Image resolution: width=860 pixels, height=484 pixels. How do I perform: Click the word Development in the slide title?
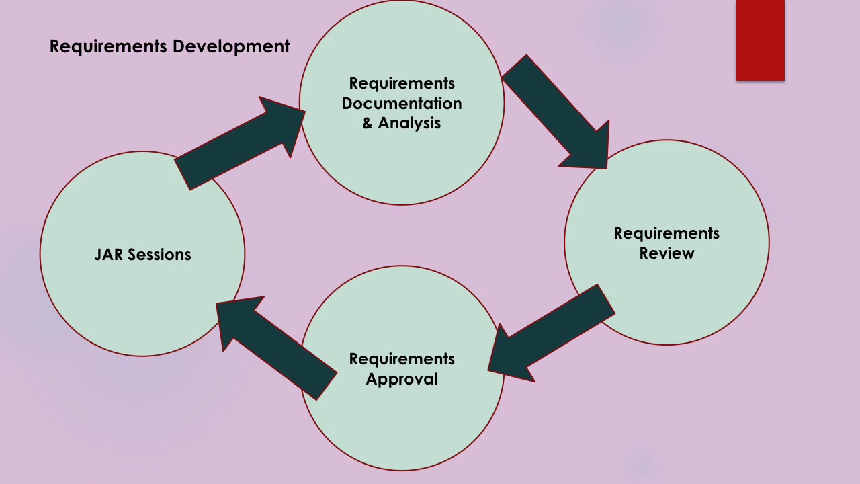pyautogui.click(x=231, y=46)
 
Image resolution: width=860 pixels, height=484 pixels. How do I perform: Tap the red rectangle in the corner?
pyautogui.click(x=760, y=40)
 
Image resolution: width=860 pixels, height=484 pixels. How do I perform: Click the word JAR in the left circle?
pyautogui.click(x=108, y=255)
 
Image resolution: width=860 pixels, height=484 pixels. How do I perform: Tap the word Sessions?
pyautogui.click(x=159, y=255)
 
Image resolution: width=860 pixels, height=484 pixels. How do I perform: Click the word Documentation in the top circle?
pyautogui.click(x=402, y=104)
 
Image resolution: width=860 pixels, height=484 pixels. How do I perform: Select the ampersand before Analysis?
pyautogui.click(x=368, y=123)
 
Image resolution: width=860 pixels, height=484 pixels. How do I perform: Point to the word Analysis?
pyautogui.click(x=409, y=123)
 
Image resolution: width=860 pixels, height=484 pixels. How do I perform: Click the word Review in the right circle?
pyautogui.click(x=666, y=253)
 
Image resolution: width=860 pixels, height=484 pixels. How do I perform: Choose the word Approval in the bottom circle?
pyautogui.click(x=402, y=379)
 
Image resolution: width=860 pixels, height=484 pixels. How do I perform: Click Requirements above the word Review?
pyautogui.click(x=666, y=233)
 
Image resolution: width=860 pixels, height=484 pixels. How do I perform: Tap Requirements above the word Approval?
pyautogui.click(x=402, y=359)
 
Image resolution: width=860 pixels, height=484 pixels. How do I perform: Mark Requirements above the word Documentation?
pyautogui.click(x=402, y=83)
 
